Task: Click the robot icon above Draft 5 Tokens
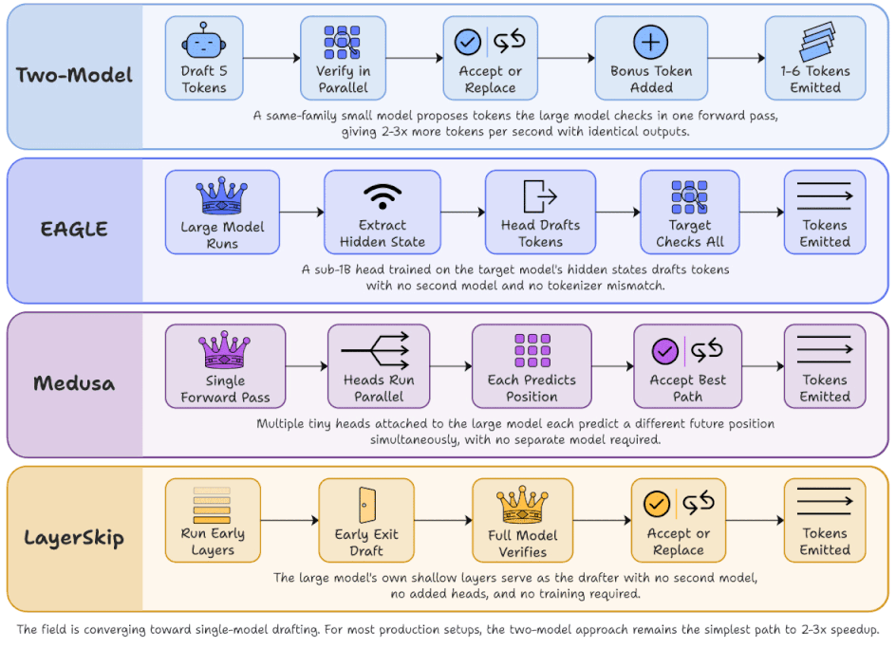203,41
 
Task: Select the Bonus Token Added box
651,58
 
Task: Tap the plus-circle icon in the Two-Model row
650,42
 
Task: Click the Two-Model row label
74,75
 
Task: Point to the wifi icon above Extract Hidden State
383,196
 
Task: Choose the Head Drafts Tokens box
540,212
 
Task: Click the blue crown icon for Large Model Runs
222,195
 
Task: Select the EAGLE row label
74,229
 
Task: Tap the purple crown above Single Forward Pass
224,349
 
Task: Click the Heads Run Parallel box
379,366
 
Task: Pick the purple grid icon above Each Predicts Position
532,350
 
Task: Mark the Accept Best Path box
687,366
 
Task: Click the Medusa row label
74,382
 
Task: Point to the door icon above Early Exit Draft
367,505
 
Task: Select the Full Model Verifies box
522,521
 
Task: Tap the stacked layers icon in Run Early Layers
212,505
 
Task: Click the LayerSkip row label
74,538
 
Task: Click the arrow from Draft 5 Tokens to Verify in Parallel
271,58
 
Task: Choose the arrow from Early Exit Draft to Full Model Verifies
443,521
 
